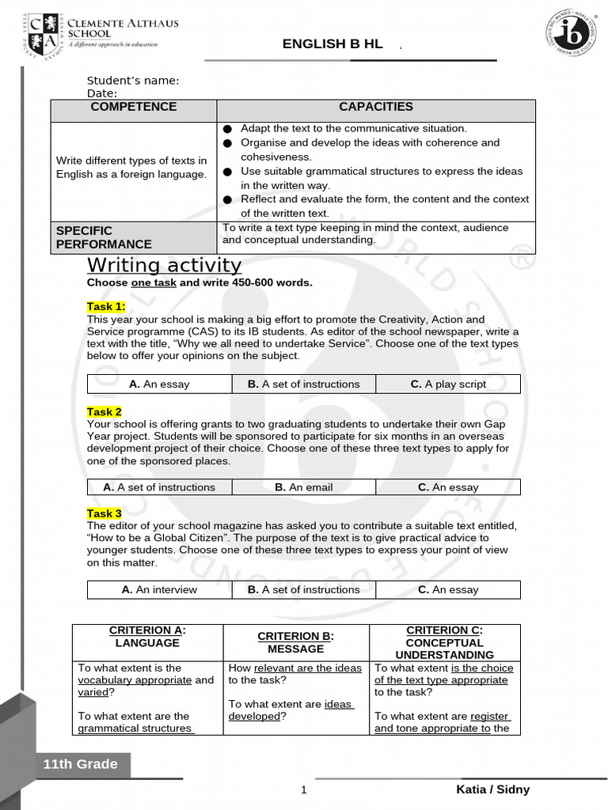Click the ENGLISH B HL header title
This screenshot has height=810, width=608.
(x=332, y=44)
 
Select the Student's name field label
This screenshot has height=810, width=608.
(x=133, y=81)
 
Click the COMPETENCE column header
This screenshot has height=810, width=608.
(x=134, y=107)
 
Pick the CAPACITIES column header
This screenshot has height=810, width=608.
(x=376, y=107)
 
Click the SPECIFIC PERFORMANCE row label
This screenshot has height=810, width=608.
(x=104, y=237)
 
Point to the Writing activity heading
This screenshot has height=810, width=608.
(x=164, y=264)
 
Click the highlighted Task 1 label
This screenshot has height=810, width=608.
(x=106, y=307)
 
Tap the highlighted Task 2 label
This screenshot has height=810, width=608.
(x=104, y=412)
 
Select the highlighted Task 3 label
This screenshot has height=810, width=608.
(x=104, y=514)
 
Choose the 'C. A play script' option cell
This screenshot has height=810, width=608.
(x=448, y=384)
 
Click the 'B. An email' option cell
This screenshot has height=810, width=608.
(x=303, y=487)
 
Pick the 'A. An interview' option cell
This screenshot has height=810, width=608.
(x=159, y=589)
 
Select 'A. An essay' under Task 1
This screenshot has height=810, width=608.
(x=159, y=384)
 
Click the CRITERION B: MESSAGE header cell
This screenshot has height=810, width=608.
(x=296, y=642)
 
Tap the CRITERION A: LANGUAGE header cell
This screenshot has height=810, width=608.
(x=147, y=637)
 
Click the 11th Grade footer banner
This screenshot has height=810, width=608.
(x=80, y=764)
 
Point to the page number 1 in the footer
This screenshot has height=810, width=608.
(x=303, y=790)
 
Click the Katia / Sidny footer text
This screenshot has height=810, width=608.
(x=492, y=789)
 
